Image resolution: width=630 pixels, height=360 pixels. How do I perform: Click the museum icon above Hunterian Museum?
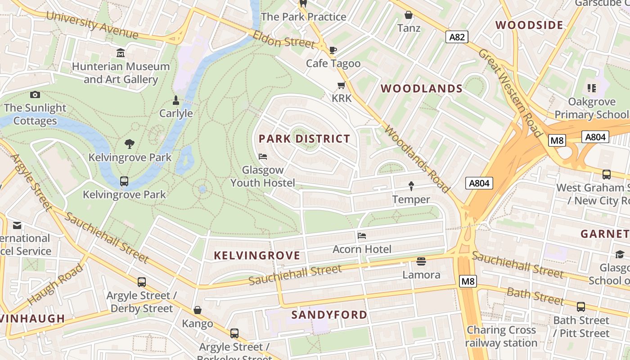pos(121,54)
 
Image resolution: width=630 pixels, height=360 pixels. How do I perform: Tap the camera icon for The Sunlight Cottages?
pos(35,94)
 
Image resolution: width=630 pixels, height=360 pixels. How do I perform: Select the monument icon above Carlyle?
pos(176,100)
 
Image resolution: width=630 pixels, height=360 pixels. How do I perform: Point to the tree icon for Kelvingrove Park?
pos(130,144)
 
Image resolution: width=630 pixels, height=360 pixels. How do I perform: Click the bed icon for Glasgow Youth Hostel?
pos(263,157)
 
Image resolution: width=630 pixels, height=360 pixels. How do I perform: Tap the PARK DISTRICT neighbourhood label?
pos(304,139)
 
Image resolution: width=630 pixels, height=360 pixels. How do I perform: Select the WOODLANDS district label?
pos(422,89)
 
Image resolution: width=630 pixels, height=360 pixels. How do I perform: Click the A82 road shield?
pos(457,37)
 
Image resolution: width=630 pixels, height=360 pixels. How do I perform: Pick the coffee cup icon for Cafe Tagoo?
pos(333,50)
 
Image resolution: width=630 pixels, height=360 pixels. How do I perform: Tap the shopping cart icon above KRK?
pos(342,85)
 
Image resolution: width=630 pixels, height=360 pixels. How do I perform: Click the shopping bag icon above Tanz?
pos(409,15)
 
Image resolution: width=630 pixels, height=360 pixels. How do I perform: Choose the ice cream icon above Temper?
pos(411,186)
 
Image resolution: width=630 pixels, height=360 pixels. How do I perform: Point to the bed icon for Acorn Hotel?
pos(362,236)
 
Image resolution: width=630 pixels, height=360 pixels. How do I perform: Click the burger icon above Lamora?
pos(421,261)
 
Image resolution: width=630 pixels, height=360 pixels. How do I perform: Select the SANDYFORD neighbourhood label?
pos(329,315)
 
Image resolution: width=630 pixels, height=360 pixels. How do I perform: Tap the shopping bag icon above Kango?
pos(197,310)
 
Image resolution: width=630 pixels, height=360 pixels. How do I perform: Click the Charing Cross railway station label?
pos(501,336)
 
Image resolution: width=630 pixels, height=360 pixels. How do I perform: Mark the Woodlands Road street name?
pos(417,158)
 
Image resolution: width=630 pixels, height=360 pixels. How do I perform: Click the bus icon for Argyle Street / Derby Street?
pos(142,282)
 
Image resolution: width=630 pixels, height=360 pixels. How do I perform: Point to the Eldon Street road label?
pos(283,40)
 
